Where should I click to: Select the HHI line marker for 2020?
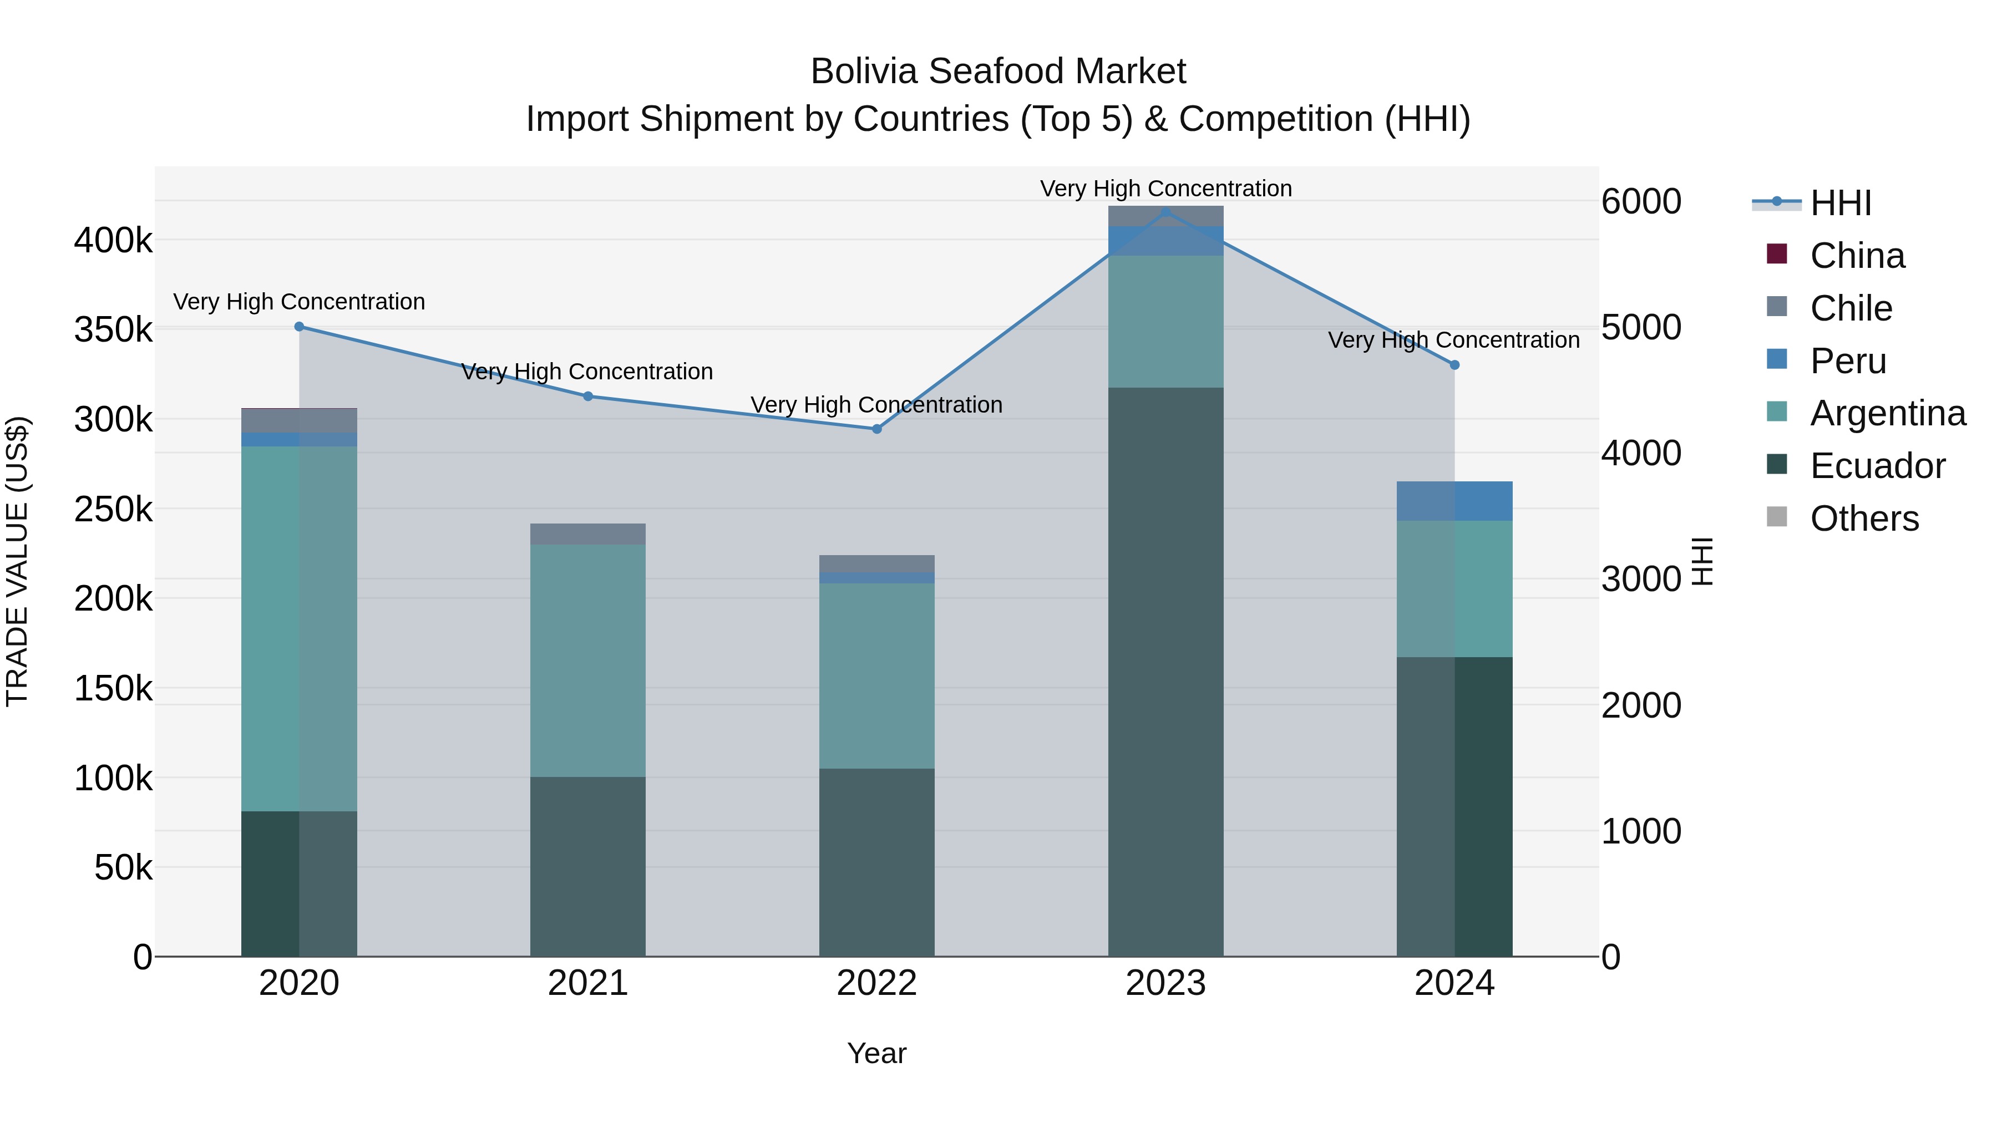[299, 326]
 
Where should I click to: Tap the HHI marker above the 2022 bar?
[877, 429]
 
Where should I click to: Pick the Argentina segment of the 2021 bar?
[587, 660]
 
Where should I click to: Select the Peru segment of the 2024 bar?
[1454, 501]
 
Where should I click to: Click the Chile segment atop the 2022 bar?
[877, 563]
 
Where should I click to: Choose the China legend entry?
[1857, 256]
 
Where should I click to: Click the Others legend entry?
[1864, 519]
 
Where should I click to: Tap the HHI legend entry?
[1841, 203]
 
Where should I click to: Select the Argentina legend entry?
[1887, 413]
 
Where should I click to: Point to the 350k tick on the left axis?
[113, 330]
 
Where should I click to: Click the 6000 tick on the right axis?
[1641, 201]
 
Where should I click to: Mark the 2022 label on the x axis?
[877, 983]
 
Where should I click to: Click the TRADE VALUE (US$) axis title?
[17, 561]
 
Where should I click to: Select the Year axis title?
[877, 1053]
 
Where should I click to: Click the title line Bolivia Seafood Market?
[998, 72]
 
